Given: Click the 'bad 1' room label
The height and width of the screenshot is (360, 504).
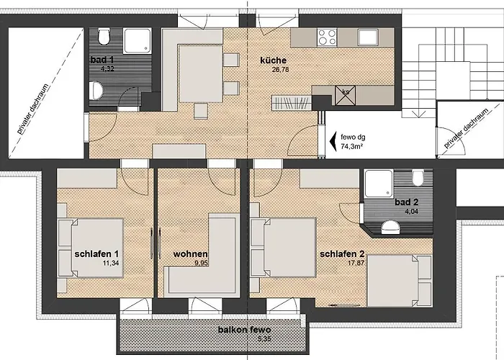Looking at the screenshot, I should tap(102, 60).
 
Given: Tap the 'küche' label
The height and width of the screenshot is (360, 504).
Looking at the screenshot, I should tap(274, 60).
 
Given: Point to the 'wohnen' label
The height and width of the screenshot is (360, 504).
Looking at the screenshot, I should tap(191, 254).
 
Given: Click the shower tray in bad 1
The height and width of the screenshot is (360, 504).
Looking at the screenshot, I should tap(135, 41).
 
